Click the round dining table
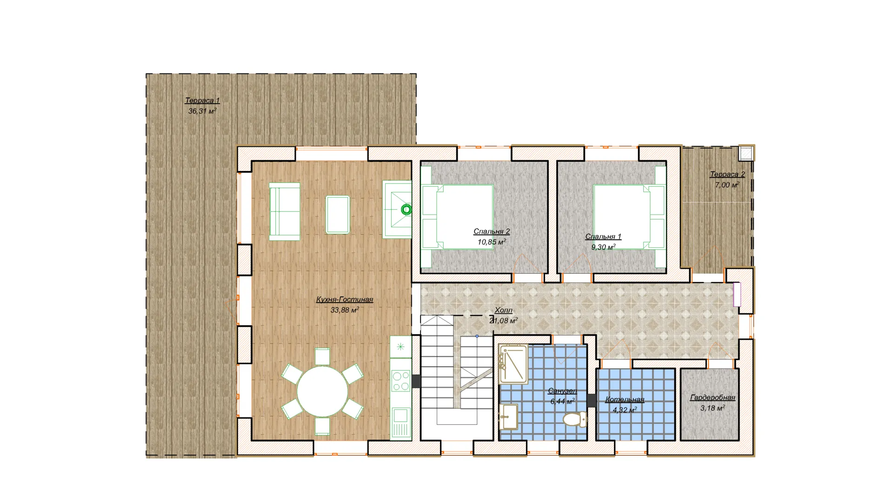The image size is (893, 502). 322,391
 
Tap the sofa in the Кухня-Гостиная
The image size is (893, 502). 285,211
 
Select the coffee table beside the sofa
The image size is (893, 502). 338,214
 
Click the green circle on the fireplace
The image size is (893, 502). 407,210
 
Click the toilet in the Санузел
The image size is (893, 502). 575,419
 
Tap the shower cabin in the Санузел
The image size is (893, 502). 513,364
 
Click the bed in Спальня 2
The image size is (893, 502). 457,217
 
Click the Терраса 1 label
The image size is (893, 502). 202,100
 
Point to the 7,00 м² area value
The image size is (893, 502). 727,185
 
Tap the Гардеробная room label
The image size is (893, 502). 713,397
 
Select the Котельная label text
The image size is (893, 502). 625,399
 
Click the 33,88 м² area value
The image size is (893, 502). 345,310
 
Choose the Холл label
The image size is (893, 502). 504,310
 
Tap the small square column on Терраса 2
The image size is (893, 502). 746,154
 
